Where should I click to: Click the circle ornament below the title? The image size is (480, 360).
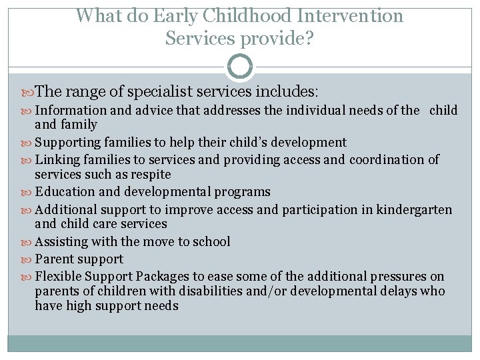[240, 67]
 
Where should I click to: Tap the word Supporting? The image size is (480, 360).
[67, 142]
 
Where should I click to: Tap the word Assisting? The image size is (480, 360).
[61, 241]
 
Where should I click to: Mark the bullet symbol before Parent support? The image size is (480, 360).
[28, 259]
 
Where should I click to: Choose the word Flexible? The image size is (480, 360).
[58, 276]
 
